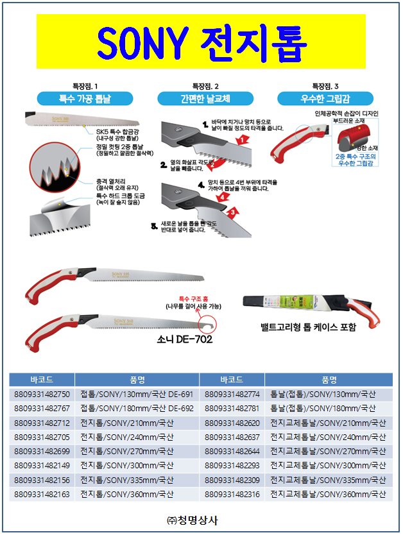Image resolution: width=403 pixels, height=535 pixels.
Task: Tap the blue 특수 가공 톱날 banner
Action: (85, 99)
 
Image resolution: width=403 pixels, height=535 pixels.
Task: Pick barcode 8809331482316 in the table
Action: (232, 494)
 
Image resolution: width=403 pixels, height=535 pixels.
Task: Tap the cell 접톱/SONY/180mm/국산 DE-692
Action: (136, 409)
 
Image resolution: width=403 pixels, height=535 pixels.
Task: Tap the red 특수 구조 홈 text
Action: (193, 299)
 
